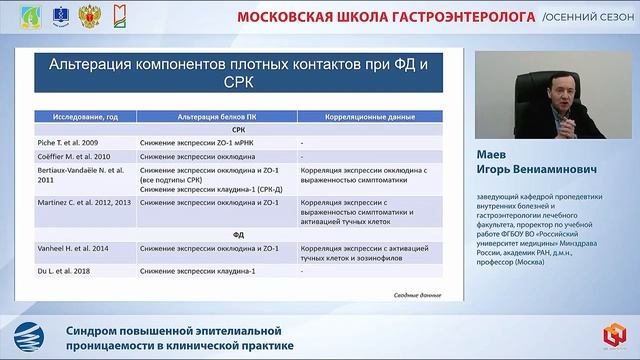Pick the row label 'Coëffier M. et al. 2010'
pos(75,156)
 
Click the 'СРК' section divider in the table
pos(237,130)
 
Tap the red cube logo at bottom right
pos(612,337)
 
